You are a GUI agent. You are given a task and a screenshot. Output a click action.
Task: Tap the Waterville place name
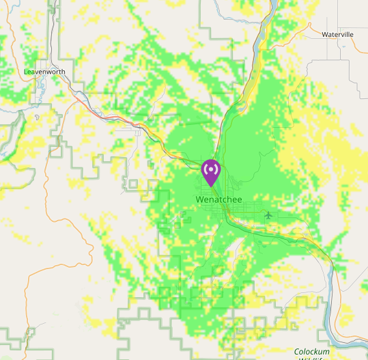tap(337, 33)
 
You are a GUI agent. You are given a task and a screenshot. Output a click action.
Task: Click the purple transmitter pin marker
tap(211, 171)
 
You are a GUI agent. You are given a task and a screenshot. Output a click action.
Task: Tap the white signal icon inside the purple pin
tap(211, 167)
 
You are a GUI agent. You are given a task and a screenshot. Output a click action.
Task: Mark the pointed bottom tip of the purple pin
tap(211, 186)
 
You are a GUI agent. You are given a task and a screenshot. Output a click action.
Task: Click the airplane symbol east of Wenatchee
tap(268, 215)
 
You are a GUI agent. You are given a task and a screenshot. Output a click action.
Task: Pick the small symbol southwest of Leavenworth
tap(36, 117)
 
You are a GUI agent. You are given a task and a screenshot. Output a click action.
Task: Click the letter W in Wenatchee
tap(199, 199)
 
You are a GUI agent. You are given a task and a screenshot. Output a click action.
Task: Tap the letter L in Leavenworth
tap(26, 71)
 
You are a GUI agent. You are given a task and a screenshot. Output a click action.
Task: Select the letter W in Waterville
tap(324, 33)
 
